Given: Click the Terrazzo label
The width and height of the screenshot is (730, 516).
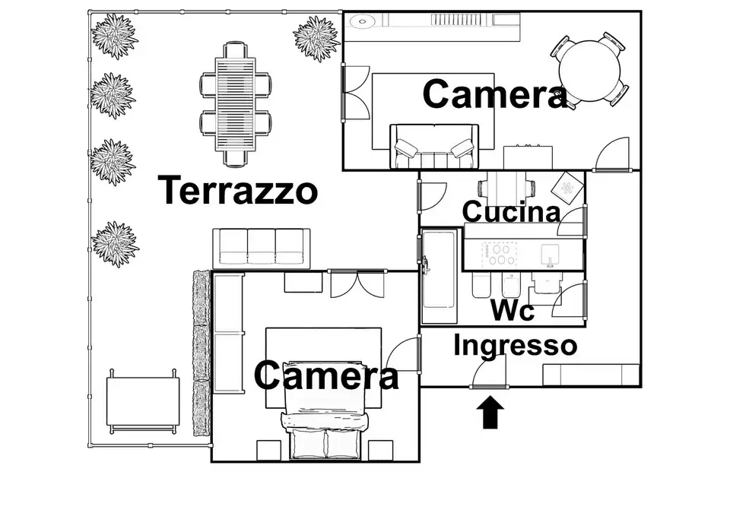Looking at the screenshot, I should pyautogui.click(x=237, y=190).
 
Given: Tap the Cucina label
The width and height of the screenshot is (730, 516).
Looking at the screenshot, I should pyautogui.click(x=511, y=212).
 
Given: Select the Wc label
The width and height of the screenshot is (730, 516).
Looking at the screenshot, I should pyautogui.click(x=512, y=310).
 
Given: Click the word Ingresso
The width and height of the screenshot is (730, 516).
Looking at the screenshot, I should pyautogui.click(x=515, y=346).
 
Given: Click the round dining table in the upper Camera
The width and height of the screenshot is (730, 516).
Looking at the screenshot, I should pyautogui.click(x=590, y=71).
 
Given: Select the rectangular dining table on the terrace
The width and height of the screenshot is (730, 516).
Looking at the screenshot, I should pyautogui.click(x=235, y=103).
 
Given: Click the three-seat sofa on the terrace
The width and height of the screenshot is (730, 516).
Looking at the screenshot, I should pyautogui.click(x=261, y=247).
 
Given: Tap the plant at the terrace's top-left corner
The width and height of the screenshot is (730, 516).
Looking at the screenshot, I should pyautogui.click(x=114, y=35).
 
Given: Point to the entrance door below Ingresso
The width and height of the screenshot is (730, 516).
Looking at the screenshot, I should pyautogui.click(x=487, y=374).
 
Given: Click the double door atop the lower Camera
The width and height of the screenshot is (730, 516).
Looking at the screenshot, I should pyautogui.click(x=357, y=283).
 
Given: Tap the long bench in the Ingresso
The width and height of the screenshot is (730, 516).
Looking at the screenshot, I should pyautogui.click(x=592, y=375).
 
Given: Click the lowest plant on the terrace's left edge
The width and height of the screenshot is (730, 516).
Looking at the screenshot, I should pyautogui.click(x=115, y=243).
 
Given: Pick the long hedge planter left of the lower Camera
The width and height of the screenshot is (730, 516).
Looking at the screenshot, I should pyautogui.click(x=202, y=353).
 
